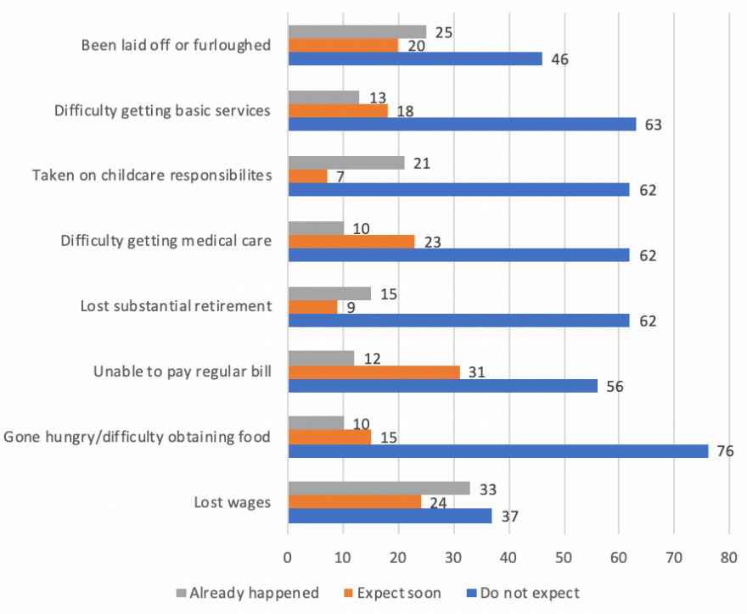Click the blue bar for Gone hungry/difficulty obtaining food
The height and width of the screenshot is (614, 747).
pos(498,451)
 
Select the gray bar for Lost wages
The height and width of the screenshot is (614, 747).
pos(379,488)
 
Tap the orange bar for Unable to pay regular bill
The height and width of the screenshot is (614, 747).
pos(373,372)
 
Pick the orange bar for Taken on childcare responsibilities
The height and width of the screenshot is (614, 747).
pos(307,176)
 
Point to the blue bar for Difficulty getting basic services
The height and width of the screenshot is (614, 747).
pos(462,125)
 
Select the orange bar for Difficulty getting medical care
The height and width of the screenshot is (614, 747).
pos(351,241)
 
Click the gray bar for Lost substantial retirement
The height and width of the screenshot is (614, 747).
pos(329,293)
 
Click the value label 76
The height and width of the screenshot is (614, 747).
pos(725,452)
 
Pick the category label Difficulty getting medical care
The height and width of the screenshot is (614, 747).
pos(166,241)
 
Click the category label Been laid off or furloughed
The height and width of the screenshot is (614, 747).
pos(177,45)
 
